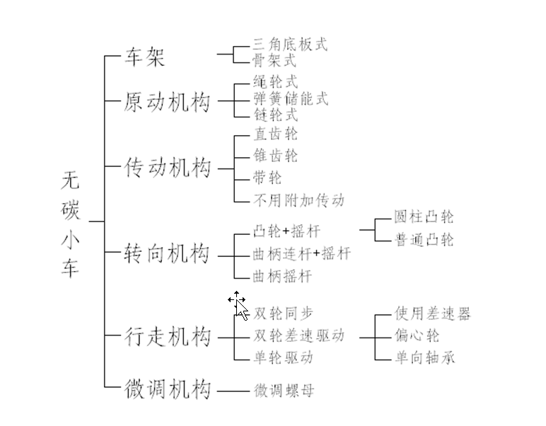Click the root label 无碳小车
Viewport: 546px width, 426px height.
pyautogui.click(x=70, y=224)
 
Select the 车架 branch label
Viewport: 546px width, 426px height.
pyautogui.click(x=144, y=57)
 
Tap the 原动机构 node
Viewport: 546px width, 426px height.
pyautogui.click(x=168, y=102)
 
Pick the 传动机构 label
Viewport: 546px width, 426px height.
pyautogui.click(x=168, y=168)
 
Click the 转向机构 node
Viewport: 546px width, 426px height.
pyautogui.click(x=167, y=253)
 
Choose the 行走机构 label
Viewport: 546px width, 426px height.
pyautogui.click(x=168, y=336)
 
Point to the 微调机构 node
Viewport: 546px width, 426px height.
pyautogui.click(x=168, y=388)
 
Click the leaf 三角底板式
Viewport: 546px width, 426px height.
pyautogui.click(x=290, y=45)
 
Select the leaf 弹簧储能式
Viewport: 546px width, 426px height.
pyautogui.click(x=291, y=98)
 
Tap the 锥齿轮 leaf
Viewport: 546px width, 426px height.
pyautogui.click(x=275, y=155)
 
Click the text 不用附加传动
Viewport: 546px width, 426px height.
pyautogui.click(x=298, y=200)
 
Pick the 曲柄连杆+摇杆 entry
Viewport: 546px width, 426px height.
pyautogui.click(x=301, y=253)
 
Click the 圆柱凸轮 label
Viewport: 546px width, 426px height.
pyautogui.click(x=424, y=217)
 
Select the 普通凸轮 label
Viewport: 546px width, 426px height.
pyautogui.click(x=424, y=239)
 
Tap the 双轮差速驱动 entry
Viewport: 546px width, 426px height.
pyautogui.click(x=298, y=335)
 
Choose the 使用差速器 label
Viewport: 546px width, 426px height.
pyautogui.click(x=432, y=313)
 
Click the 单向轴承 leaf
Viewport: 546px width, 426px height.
pyautogui.click(x=424, y=357)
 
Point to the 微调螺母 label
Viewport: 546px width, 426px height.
pyautogui.click(x=284, y=390)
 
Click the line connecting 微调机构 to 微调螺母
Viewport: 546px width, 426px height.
pyautogui.click(x=233, y=391)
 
